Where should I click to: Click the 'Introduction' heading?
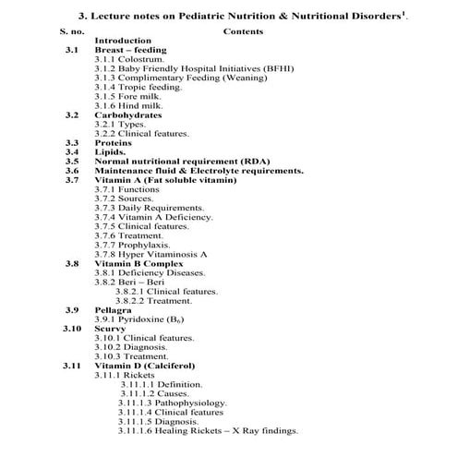(x=124, y=41)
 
